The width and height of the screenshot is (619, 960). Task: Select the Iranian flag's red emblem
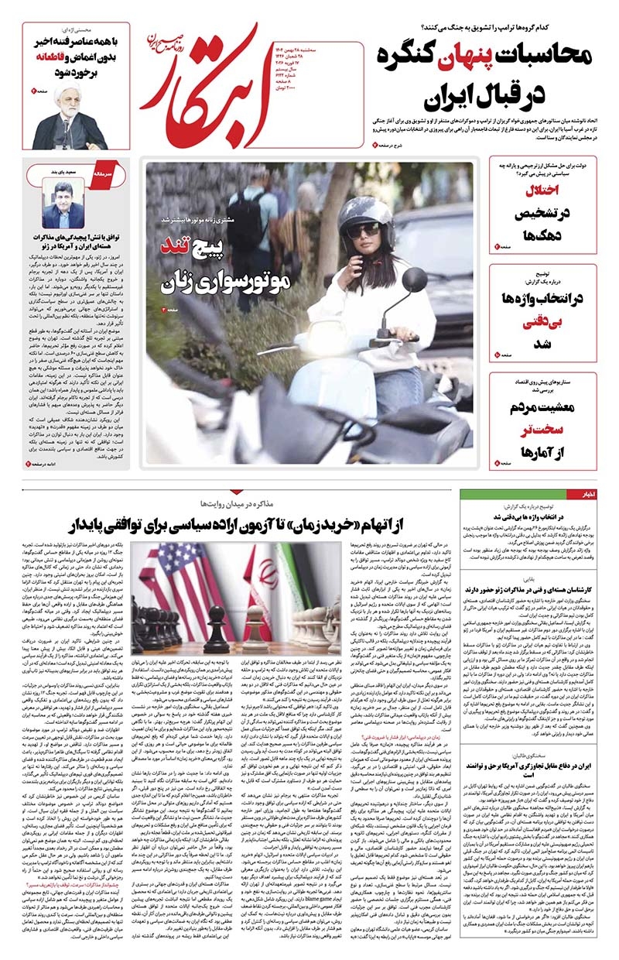coord(264,573)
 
